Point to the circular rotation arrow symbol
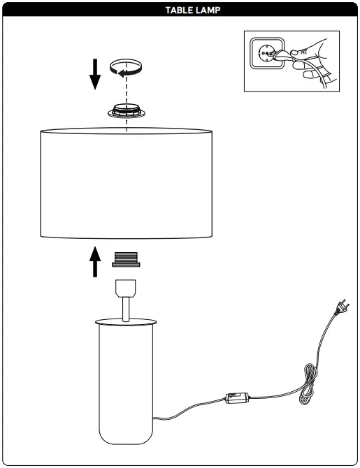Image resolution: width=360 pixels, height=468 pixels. pos(126,68)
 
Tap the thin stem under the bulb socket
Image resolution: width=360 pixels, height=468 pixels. pos(126,309)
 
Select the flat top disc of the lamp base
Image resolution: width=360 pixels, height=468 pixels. pos(126,322)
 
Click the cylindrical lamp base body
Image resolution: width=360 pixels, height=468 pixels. pos(126,384)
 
